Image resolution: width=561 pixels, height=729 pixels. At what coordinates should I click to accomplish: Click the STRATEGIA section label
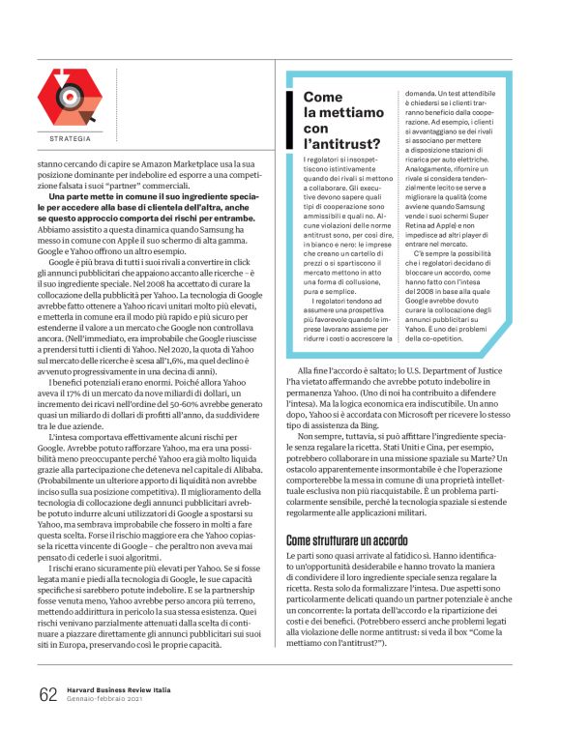point(64,139)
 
